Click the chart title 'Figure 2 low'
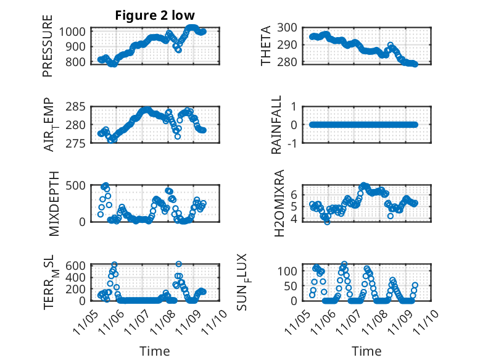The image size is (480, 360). (155, 16)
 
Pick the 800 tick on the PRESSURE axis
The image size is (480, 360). (77, 62)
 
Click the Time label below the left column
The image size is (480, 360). (155, 351)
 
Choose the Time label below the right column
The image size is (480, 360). (366, 351)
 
